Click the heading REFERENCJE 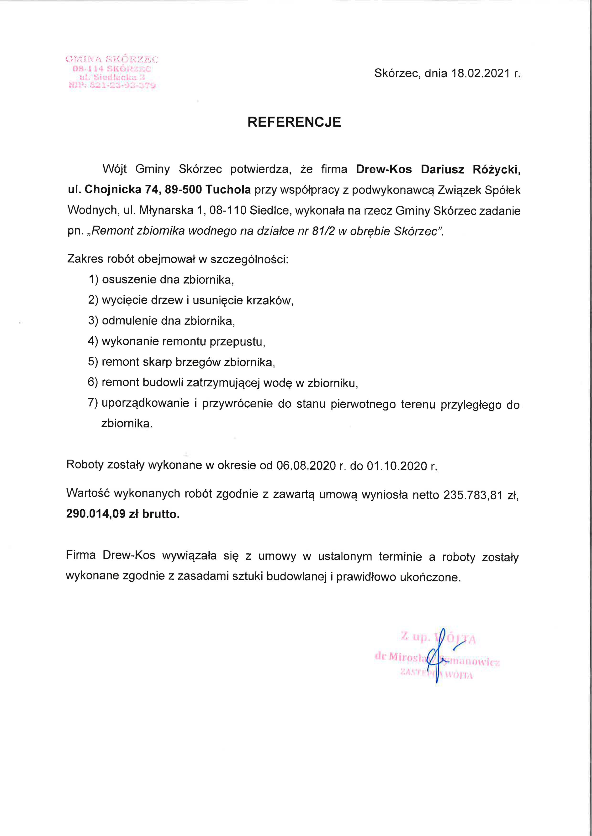294,122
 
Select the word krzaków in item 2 270,300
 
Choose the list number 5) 93,362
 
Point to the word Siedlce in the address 271,210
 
